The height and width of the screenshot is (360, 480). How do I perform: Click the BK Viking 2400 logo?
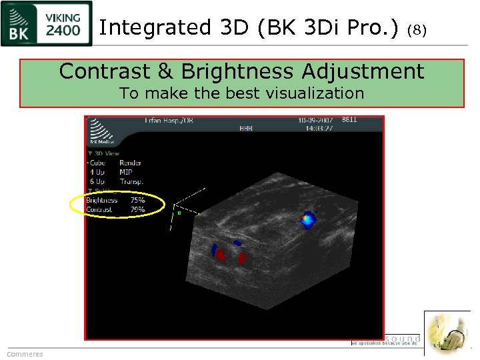pos(47,24)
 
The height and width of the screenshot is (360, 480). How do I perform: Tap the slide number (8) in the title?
pos(416,29)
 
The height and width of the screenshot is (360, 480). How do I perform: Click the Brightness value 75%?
pos(137,200)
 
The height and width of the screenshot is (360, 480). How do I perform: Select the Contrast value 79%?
pos(137,209)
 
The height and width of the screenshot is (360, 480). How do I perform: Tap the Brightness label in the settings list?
pos(102,200)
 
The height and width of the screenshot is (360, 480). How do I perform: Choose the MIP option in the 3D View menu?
pos(126,172)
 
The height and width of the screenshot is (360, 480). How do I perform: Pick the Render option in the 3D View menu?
pos(130,163)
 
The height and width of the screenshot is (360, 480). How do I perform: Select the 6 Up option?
pos(97,181)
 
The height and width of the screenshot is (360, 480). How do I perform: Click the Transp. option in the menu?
pos(131,181)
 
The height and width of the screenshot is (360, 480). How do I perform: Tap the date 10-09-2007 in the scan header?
pos(316,121)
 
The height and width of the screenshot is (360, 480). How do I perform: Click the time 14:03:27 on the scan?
pos(316,129)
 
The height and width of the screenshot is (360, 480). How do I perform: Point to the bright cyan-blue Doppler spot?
pos(307,219)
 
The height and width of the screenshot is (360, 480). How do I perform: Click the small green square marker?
pos(179,213)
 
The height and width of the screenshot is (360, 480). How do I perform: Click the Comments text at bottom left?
pos(25,354)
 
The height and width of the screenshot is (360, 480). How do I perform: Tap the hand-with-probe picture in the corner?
pos(447,333)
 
